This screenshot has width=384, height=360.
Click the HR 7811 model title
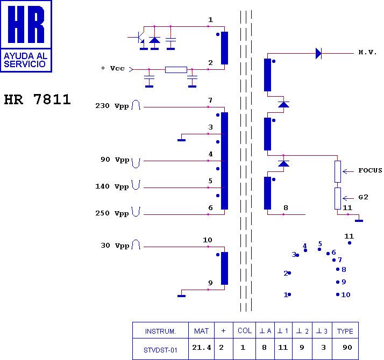tap(38, 99)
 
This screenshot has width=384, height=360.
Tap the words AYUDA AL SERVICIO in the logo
tap(25, 60)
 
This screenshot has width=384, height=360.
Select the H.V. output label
tap(367, 52)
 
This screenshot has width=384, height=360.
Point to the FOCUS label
tap(370, 170)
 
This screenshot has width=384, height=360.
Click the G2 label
tap(363, 197)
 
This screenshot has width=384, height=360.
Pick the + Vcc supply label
tap(112, 68)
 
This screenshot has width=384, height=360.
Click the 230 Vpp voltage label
tap(112, 106)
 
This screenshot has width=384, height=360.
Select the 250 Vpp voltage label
tap(112, 213)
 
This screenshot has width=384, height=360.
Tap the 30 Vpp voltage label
tap(115, 246)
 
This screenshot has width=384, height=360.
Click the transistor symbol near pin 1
tap(140, 39)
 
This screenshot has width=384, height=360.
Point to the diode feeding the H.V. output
tap(318, 53)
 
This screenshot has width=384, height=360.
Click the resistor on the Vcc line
tap(176, 70)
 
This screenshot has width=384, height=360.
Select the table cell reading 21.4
tap(201, 348)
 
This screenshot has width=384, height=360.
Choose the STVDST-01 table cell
tap(160, 350)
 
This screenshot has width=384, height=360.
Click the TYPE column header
tap(345, 331)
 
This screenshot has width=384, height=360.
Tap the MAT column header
tap(201, 331)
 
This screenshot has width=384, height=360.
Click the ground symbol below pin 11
tap(359, 221)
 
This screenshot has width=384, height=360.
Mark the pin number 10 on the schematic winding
tap(208, 240)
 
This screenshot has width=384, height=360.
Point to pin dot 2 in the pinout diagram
tap(289, 273)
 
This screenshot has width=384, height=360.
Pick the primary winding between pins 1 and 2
tap(224, 48)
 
